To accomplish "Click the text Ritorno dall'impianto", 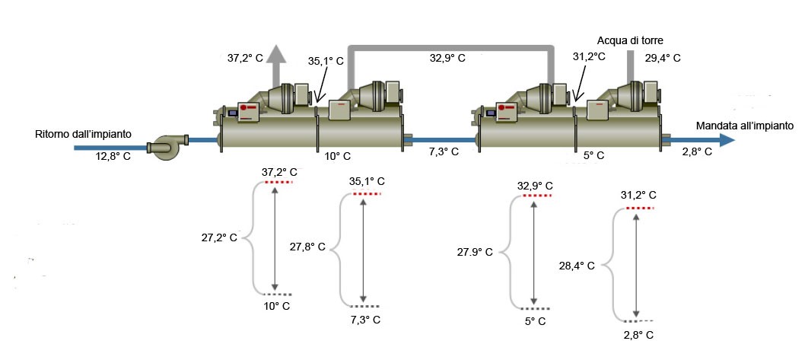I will click(x=84, y=134).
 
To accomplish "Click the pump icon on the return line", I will click(x=164, y=145).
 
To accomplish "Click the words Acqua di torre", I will click(x=631, y=40).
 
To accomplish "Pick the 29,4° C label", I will click(x=663, y=57).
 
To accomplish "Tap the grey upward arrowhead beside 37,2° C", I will click(x=276, y=54).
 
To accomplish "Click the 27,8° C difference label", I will click(x=307, y=247).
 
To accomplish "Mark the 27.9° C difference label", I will click(x=475, y=251).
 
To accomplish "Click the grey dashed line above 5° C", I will click(x=534, y=308).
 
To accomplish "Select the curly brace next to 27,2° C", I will click(x=253, y=238).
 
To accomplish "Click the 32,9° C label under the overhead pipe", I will click(x=448, y=58).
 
